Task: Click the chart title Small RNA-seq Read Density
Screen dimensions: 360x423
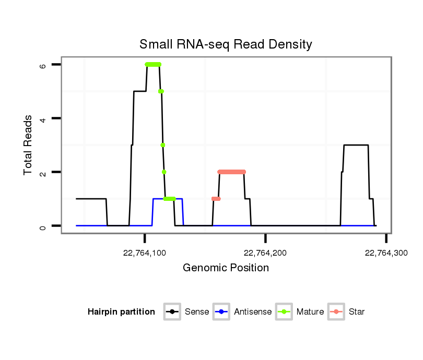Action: click(x=226, y=44)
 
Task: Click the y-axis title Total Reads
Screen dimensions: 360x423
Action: click(x=28, y=145)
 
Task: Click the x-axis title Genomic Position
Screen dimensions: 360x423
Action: click(x=226, y=268)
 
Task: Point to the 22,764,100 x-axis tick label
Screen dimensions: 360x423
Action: click(x=145, y=254)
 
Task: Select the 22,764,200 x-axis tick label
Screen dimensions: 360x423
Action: click(x=265, y=254)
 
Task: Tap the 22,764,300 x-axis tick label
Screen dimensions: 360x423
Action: click(x=386, y=254)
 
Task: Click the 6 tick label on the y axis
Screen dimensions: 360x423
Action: click(x=42, y=65)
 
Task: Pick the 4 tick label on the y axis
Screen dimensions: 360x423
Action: click(x=42, y=118)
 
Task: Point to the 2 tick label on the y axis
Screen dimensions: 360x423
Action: click(x=42, y=172)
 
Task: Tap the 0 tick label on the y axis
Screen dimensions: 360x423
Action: click(x=42, y=226)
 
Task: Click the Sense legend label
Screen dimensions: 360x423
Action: click(x=197, y=312)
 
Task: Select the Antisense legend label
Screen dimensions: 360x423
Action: click(x=253, y=312)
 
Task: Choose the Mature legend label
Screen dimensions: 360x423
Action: click(x=310, y=312)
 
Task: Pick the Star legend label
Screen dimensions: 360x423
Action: click(x=356, y=312)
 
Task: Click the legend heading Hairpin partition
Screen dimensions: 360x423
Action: click(x=121, y=312)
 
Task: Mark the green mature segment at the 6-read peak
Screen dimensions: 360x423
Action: click(x=153, y=64)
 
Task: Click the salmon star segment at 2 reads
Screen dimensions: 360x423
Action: click(x=231, y=172)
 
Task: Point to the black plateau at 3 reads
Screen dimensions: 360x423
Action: click(x=356, y=145)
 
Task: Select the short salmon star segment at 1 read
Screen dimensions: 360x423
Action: click(x=216, y=199)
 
